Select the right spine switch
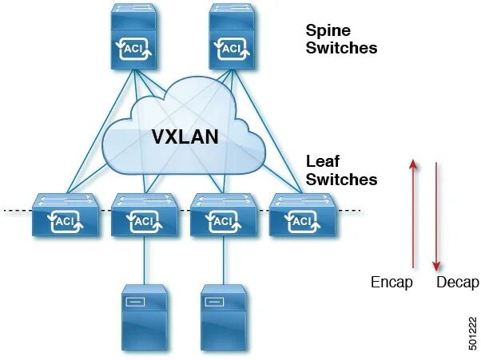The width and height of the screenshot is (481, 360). coord(233,39)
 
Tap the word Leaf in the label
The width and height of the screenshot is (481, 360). coord(322,162)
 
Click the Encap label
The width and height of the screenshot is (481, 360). coord(392,283)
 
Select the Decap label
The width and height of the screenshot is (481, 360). coord(457,283)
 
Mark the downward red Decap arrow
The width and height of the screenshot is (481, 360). coord(436,216)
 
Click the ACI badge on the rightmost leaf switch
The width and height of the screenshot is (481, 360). coord(301,220)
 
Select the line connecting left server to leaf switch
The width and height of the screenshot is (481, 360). coord(144,259)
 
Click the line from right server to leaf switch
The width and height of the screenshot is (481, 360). coord(223,259)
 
